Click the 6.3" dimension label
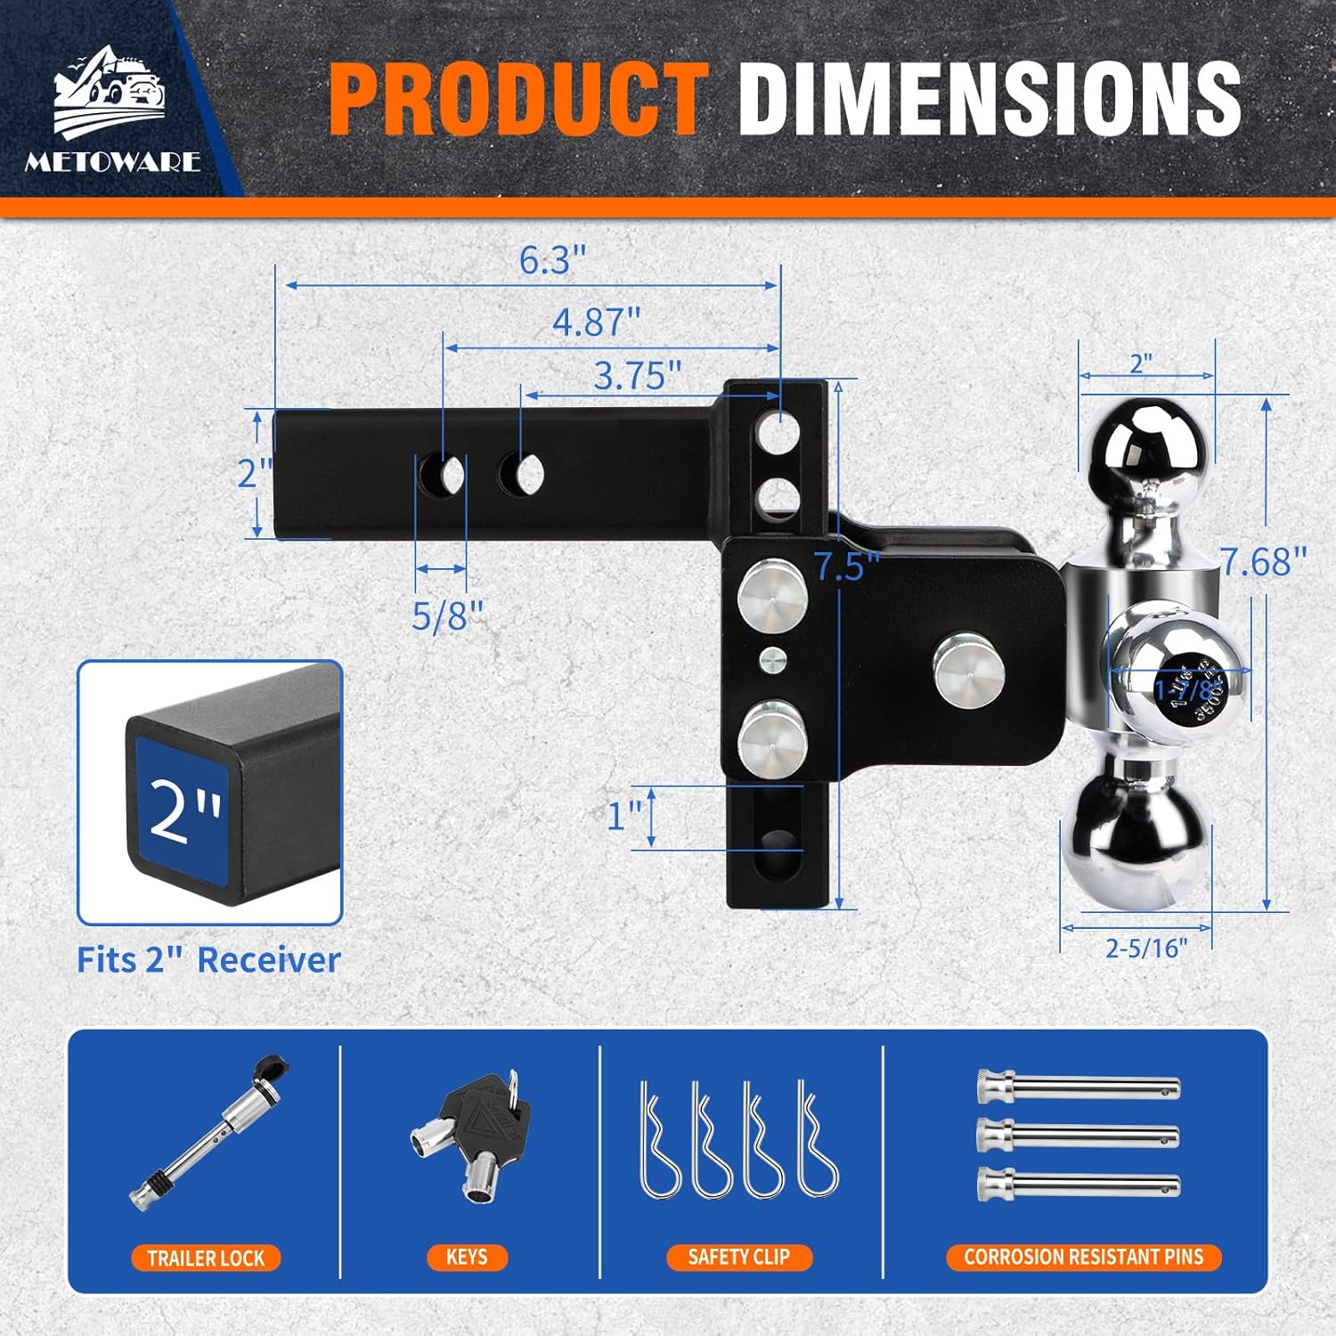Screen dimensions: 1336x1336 (552, 260)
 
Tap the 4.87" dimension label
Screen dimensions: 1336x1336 (596, 322)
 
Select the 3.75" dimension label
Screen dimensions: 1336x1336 (637, 376)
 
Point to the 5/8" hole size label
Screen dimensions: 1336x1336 (447, 615)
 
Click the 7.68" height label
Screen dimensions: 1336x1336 (1262, 562)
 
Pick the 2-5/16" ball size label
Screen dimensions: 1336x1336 (1146, 948)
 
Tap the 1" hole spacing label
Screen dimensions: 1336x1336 (624, 815)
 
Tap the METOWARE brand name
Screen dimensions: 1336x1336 (113, 161)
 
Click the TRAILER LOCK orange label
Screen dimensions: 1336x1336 (206, 1258)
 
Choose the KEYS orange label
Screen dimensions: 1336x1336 (467, 1257)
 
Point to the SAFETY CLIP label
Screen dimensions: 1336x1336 (738, 1257)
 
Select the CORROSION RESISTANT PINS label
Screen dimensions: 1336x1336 (1083, 1257)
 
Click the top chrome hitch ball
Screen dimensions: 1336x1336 (1145, 445)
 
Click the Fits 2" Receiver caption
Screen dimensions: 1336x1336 (208, 960)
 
